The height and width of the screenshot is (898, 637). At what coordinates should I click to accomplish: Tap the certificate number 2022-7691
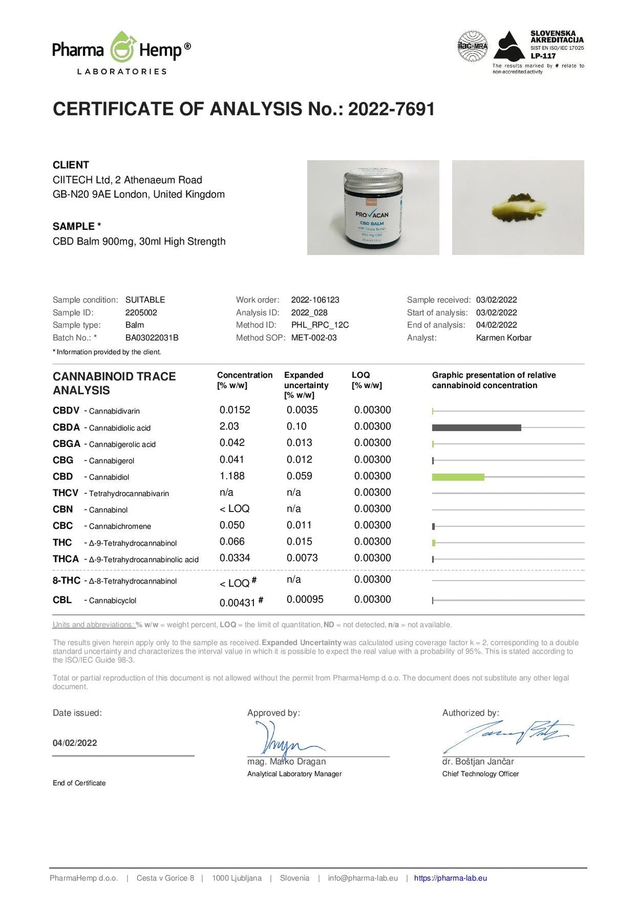coord(391,109)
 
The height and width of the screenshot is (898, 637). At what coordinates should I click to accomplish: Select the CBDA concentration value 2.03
coord(229,426)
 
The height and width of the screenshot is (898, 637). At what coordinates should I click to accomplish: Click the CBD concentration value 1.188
coord(232,476)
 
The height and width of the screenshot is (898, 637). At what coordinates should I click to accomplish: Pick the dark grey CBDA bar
coord(476,427)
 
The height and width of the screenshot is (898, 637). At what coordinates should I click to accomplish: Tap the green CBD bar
coord(458,477)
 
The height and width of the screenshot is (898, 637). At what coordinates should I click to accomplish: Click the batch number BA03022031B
coord(152,338)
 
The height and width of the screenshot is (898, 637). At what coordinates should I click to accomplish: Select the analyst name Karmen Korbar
coord(504,338)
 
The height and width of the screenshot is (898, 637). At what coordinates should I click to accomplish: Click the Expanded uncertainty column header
coord(306,385)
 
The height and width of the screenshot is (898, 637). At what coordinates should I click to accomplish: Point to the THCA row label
coord(66,559)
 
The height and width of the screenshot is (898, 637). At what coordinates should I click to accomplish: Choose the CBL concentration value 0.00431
coord(237,603)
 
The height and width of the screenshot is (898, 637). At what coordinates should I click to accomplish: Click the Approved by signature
coord(283,740)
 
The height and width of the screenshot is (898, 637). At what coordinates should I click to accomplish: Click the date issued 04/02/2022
coord(75,743)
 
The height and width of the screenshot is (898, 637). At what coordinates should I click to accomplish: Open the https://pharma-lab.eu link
coord(450,878)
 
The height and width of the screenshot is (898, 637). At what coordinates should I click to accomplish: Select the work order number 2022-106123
coord(315,300)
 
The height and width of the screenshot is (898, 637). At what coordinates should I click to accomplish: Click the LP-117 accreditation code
coord(543,56)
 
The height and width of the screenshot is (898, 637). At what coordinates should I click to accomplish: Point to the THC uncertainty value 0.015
coord(299,541)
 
